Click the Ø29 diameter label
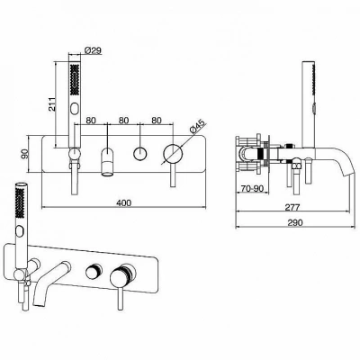pos(92,50)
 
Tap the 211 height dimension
pos(52,103)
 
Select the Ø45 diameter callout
pos(196,127)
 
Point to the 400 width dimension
pos(123,202)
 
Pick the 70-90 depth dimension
pos(252,188)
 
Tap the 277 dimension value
pos(292,207)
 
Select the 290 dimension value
pos(295,222)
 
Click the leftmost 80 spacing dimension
pos(91,121)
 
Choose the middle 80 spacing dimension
pos(123,121)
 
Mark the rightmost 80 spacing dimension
pos(157,121)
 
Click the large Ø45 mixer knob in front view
pos(173,154)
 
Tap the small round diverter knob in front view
pos(140,154)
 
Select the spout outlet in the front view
pos(107,173)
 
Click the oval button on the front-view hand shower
pos(75,109)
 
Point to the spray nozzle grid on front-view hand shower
pos(75,80)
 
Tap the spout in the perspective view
pos(48,281)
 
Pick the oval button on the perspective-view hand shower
pos(21,232)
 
